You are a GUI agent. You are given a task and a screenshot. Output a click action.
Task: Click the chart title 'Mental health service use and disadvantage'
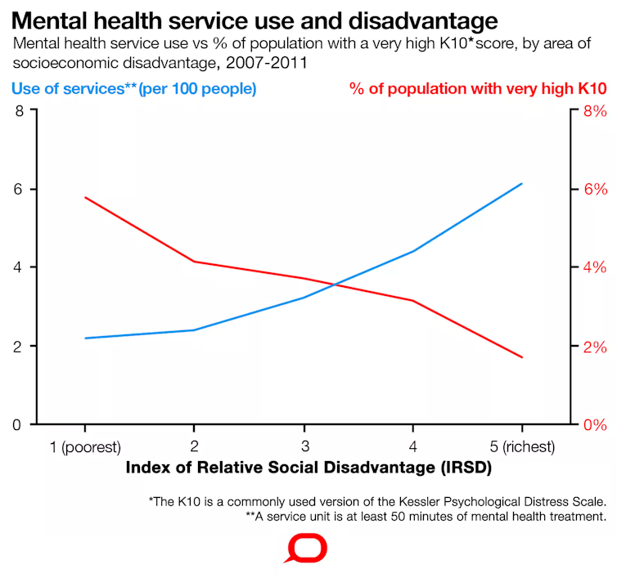point(254,20)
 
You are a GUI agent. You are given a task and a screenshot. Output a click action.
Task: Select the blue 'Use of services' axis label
point(133,88)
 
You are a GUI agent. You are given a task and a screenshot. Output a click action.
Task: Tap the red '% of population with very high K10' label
point(478,88)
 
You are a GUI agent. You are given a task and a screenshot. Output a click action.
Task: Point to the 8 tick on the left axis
point(19,110)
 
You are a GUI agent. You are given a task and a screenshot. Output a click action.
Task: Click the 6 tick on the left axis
point(19,189)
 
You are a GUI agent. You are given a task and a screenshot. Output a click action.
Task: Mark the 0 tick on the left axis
point(19,424)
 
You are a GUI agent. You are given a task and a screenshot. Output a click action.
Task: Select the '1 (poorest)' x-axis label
point(85,446)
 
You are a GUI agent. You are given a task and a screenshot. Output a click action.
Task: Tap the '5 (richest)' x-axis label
point(522,446)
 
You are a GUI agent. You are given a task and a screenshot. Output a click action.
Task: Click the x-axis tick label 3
point(304,446)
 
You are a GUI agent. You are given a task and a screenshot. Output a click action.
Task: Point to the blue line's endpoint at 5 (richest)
point(522,184)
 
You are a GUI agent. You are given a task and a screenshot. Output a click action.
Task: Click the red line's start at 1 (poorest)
point(85,197)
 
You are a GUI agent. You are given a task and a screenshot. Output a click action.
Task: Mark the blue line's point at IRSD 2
point(194,330)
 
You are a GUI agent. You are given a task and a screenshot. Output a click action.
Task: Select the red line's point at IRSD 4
point(412,301)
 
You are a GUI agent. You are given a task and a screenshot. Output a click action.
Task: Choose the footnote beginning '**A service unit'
point(426,517)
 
